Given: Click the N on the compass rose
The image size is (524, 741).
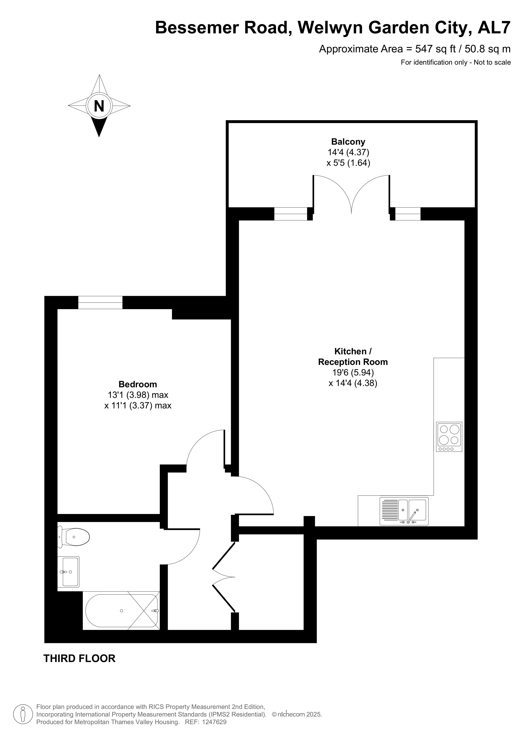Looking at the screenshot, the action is pyautogui.click(x=99, y=106).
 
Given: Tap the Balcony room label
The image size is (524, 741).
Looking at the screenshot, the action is pyautogui.click(x=348, y=142).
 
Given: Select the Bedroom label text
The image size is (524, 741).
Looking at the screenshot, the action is pyautogui.click(x=138, y=384).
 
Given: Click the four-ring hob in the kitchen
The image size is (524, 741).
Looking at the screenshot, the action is pyautogui.click(x=449, y=437).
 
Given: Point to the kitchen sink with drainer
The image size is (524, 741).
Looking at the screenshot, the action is pyautogui.click(x=404, y=511).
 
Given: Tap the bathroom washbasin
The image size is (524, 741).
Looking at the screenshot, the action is pyautogui.click(x=68, y=572).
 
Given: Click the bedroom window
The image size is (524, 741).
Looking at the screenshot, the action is pyautogui.click(x=100, y=302).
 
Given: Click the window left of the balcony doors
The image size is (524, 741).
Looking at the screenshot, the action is pyautogui.click(x=291, y=214).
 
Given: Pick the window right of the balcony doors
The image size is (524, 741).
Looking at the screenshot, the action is pyautogui.click(x=408, y=214).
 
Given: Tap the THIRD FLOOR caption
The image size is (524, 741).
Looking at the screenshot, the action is pyautogui.click(x=79, y=658).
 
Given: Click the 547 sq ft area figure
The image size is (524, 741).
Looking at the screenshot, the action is pyautogui.click(x=436, y=49).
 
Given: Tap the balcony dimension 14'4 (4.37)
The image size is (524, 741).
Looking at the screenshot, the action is pyautogui.click(x=348, y=152).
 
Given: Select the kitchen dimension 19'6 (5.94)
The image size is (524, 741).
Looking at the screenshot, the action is pyautogui.click(x=353, y=373).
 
